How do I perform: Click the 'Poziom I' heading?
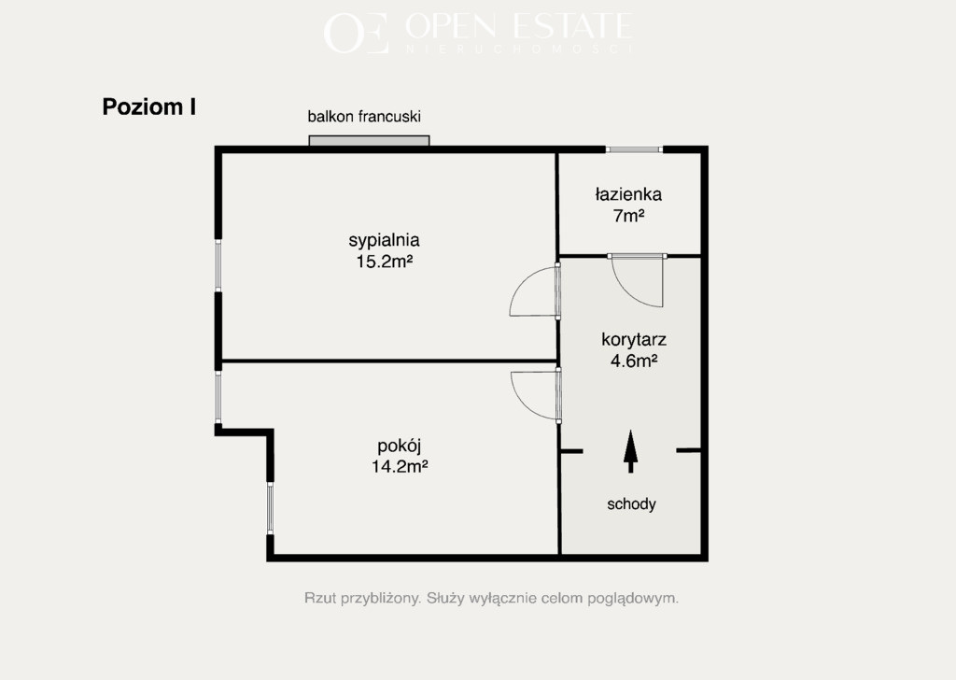point(148,106)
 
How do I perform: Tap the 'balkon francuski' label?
point(364,117)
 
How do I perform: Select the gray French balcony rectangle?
point(369,141)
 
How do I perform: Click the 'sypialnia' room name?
point(384,240)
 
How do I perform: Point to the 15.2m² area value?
point(385,262)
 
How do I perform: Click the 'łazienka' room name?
point(628,194)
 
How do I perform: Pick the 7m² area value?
point(629,216)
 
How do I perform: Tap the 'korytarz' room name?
point(634,340)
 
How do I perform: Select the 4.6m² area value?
point(634,361)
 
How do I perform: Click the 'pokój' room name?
point(400,446)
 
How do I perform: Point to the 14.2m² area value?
point(400,466)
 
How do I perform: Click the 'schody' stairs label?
point(631,504)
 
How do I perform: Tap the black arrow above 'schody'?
point(630,451)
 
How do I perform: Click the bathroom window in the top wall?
point(634,149)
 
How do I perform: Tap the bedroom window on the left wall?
point(218,265)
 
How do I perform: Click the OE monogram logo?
point(356,33)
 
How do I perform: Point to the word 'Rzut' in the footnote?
point(320,599)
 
